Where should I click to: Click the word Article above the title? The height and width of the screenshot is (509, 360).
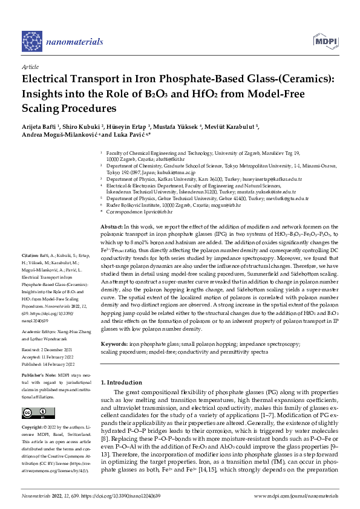pyautogui.click(x=30, y=66)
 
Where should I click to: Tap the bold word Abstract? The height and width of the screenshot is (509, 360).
pyautogui.click(x=111, y=225)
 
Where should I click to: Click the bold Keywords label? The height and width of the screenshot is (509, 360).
pyautogui.click(x=114, y=344)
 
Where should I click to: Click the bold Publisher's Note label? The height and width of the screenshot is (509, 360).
pyautogui.click(x=40, y=375)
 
